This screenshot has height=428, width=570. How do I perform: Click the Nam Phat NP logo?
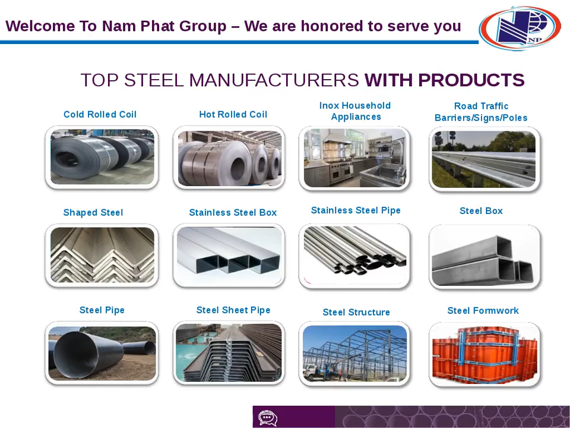click(x=520, y=28)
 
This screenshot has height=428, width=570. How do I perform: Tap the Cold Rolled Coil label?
click(x=100, y=114)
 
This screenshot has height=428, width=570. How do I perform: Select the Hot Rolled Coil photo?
click(x=229, y=158)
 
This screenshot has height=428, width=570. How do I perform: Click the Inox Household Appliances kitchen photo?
click(x=354, y=159)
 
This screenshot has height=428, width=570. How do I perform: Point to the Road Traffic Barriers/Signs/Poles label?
click(x=481, y=112)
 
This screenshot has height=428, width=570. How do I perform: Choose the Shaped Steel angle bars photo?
click(x=102, y=256)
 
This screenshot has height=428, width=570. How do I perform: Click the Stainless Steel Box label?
click(x=233, y=213)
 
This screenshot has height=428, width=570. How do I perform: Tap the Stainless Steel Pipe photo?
click(x=354, y=256)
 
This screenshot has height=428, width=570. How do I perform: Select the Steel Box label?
click(x=481, y=210)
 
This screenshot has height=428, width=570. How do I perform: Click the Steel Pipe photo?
click(x=102, y=353)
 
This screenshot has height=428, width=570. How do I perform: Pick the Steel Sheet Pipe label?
click(x=233, y=310)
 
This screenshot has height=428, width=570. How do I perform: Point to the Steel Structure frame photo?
click(x=354, y=354)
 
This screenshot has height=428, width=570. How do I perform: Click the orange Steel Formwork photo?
click(x=484, y=354)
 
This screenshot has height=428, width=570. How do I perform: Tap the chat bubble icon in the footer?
click(x=268, y=418)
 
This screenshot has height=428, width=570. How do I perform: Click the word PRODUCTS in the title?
click(x=471, y=80)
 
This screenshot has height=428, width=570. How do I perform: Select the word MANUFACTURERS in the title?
click(x=274, y=80)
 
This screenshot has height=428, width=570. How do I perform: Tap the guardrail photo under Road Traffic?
click(x=484, y=159)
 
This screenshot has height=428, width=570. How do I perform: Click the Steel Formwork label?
click(x=483, y=310)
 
